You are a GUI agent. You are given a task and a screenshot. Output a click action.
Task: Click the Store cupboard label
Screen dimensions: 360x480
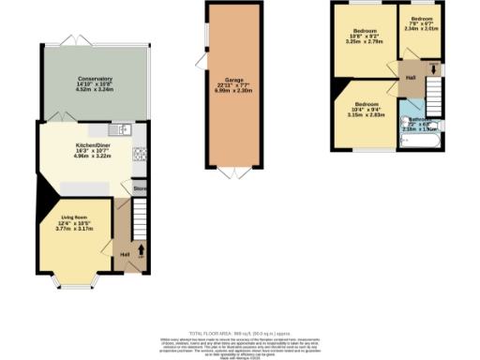(139, 187)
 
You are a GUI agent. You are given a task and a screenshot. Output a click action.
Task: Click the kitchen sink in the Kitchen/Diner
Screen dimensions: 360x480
(125, 129)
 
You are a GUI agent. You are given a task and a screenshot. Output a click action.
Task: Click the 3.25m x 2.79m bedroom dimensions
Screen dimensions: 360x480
(366, 42)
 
